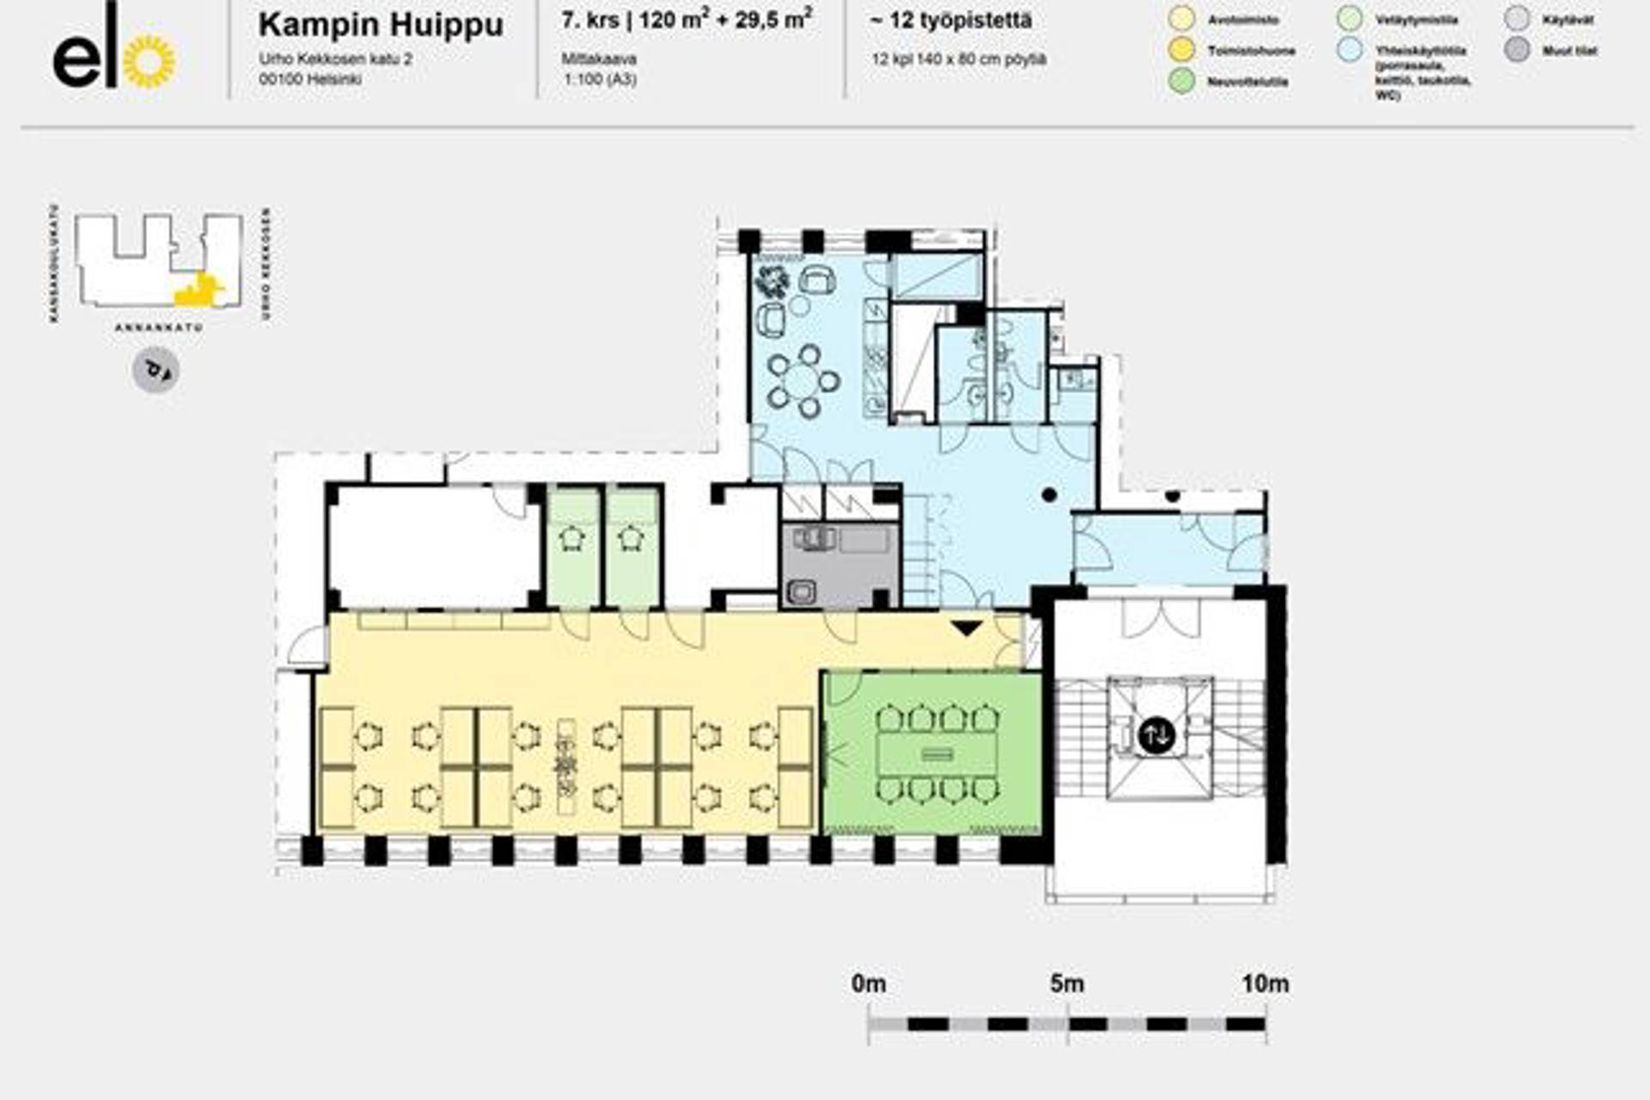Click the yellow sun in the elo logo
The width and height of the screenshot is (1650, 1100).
[x=150, y=62]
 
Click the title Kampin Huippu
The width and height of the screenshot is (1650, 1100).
[x=381, y=24]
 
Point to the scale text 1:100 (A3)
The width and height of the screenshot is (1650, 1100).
[x=600, y=79]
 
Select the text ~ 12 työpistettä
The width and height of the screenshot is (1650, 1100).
[x=950, y=21]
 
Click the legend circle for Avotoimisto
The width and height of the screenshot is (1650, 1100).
[x=1182, y=19]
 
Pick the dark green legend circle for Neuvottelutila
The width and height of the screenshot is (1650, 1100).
[x=1182, y=82]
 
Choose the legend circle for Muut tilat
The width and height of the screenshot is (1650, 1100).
[x=1518, y=50]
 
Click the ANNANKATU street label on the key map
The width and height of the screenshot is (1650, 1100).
[x=159, y=327]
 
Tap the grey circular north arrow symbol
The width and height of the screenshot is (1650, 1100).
[x=156, y=370]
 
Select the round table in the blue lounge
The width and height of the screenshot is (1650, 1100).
[x=804, y=380]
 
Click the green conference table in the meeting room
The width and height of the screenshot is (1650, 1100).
[x=936, y=754]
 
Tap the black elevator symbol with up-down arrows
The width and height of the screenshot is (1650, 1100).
[x=1156, y=736]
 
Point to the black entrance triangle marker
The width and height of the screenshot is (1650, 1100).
[x=966, y=628]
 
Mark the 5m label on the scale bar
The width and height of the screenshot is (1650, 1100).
[x=1066, y=983]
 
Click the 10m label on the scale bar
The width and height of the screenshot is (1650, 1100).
[x=1265, y=983]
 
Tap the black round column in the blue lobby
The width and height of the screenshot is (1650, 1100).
[x=1049, y=494]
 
